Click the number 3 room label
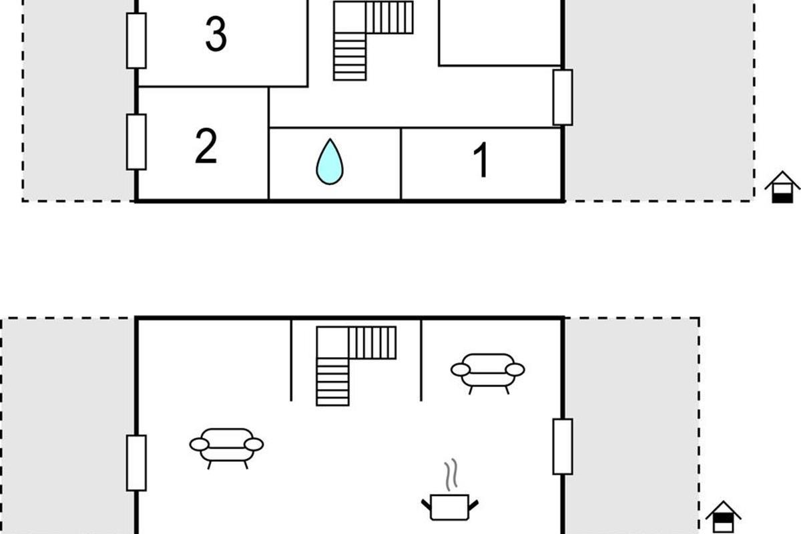coord(216,34)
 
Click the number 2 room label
coord(206,146)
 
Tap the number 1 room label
coord(481,159)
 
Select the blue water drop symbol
coord(330,162)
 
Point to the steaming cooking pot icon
coord(449,507)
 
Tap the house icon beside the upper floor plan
coord(782,188)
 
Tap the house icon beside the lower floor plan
coord(723,517)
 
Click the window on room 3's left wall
coord(136,41)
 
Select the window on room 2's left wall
coord(136,142)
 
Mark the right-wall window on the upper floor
coord(563,97)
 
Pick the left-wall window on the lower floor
coord(136,463)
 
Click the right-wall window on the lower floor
coord(563,447)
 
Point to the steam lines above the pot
coord(451,475)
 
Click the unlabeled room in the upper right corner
coord(500,33)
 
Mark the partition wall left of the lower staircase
coord(291,360)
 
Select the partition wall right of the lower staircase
coord(421,360)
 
